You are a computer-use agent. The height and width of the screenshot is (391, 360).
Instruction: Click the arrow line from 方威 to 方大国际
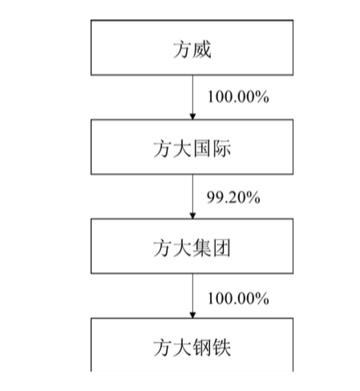pyautogui.click(x=192, y=97)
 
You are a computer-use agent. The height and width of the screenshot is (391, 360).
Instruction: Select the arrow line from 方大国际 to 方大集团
pyautogui.click(x=192, y=196)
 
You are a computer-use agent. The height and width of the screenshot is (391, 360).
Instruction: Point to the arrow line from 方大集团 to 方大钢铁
pyautogui.click(x=192, y=296)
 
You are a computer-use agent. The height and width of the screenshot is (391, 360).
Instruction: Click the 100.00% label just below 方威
pyautogui.click(x=238, y=97)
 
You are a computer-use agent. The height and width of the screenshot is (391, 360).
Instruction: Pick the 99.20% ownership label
pyautogui.click(x=233, y=197)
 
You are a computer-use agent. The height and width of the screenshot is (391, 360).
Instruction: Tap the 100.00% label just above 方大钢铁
pyautogui.click(x=238, y=298)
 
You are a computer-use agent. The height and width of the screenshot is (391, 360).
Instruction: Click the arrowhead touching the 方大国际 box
pyautogui.click(x=192, y=116)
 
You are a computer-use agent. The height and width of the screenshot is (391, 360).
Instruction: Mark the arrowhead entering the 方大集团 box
pyautogui.click(x=192, y=216)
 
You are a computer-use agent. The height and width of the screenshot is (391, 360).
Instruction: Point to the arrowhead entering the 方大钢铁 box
pyautogui.click(x=192, y=315)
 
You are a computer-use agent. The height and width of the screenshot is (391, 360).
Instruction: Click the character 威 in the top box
pyautogui.click(x=202, y=50)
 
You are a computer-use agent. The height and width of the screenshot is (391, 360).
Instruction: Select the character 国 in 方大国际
pyautogui.click(x=202, y=148)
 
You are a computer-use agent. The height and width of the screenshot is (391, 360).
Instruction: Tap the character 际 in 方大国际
pyautogui.click(x=221, y=148)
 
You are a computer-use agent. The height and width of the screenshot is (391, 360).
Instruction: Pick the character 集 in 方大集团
pyautogui.click(x=202, y=248)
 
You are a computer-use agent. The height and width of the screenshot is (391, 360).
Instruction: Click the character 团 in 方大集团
pyautogui.click(x=221, y=248)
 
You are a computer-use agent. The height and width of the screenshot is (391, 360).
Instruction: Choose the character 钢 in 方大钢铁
pyautogui.click(x=202, y=348)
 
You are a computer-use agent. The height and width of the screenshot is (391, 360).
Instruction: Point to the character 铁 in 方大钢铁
pyautogui.click(x=221, y=348)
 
